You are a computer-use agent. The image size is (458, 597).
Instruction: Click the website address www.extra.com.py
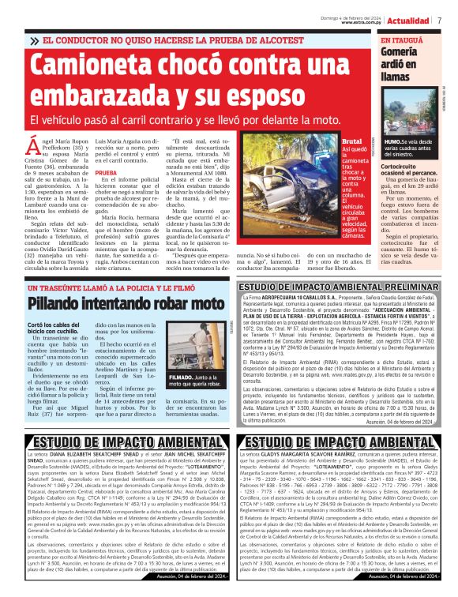click(362, 22)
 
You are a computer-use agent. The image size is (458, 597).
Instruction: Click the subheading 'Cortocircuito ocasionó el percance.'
click(411, 171)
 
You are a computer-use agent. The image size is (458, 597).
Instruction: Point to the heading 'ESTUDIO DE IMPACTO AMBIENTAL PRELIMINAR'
click(340, 287)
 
